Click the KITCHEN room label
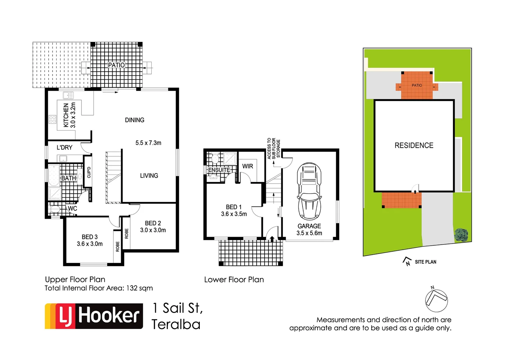click(66, 115)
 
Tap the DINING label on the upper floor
click(135, 120)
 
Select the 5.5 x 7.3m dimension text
click(148, 143)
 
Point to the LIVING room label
click(149, 176)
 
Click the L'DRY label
click(64, 148)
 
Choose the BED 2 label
click(153, 223)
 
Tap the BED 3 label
click(90, 237)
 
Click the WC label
click(72, 209)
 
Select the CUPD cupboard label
click(89, 172)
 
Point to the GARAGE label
click(309, 226)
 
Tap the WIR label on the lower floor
click(248, 166)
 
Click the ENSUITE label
click(219, 170)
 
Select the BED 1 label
click(234, 207)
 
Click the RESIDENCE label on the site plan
click(414, 145)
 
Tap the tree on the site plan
click(461, 235)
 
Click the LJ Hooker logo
click(94, 316)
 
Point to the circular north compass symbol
click(436, 300)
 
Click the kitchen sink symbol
click(68, 96)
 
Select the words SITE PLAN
click(425, 262)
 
